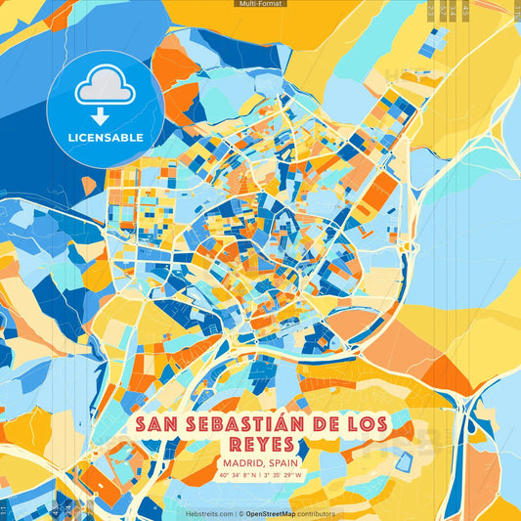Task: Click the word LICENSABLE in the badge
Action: pos(105,137)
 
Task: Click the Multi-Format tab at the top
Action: pos(260,4)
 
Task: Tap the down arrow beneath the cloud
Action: pos(105,115)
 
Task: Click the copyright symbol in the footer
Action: pos(240,513)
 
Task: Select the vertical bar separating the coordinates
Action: pos(261,475)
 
